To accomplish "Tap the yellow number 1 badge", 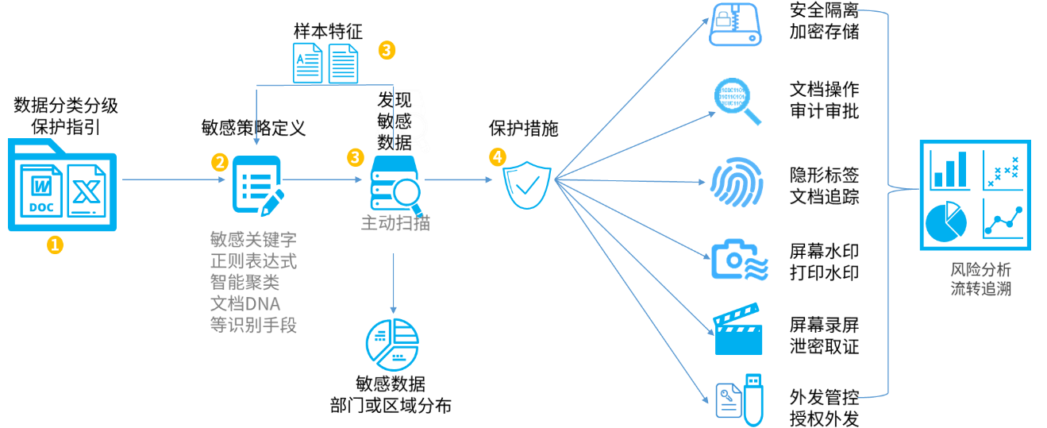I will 54,245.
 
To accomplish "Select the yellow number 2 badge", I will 220,161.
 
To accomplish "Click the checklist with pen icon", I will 258,184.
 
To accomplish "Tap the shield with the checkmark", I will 528,184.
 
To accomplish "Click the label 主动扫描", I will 395,223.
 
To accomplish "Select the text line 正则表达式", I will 253,260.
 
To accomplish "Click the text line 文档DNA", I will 245,303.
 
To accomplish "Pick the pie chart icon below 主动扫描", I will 391,344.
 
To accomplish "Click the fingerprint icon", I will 737,182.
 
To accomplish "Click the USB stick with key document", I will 740,399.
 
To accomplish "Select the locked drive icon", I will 735,24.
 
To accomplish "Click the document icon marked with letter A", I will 307,63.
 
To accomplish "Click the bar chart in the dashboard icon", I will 949,169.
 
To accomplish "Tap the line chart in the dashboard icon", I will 1004,218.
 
